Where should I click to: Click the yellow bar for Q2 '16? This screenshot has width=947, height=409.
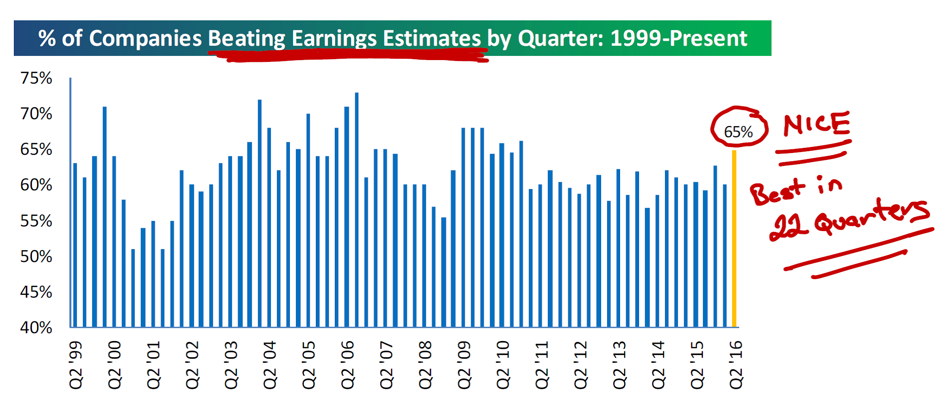pos(734,238)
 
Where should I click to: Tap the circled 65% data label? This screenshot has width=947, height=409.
pos(738,132)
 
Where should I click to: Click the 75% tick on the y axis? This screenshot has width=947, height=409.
pos(36,78)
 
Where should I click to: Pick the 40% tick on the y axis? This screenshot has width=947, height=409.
pos(36,328)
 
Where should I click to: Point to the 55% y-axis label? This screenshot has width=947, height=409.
pos(36,221)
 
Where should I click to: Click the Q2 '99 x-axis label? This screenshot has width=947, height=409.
pos(76,365)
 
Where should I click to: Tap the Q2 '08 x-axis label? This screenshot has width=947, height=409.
pos(425,365)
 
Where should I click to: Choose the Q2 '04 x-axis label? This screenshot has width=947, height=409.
pos(270,365)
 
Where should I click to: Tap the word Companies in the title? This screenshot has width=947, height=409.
pos(145,38)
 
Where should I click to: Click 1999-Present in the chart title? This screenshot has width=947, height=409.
pos(678,38)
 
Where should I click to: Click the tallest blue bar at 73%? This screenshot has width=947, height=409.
pos(357,210)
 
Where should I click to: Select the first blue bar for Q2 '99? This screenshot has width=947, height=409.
pos(75,245)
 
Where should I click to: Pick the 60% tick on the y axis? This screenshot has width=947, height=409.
pos(36,185)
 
